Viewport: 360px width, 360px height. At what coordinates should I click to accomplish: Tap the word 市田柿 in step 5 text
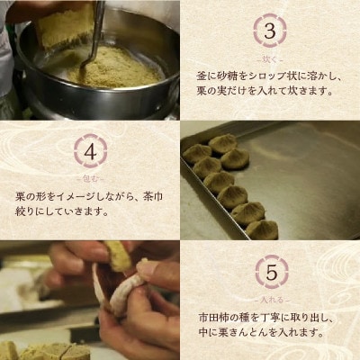[213, 318]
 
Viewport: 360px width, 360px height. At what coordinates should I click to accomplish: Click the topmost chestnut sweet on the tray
[222, 142]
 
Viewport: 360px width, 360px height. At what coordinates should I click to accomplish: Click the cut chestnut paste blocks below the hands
[36, 349]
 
